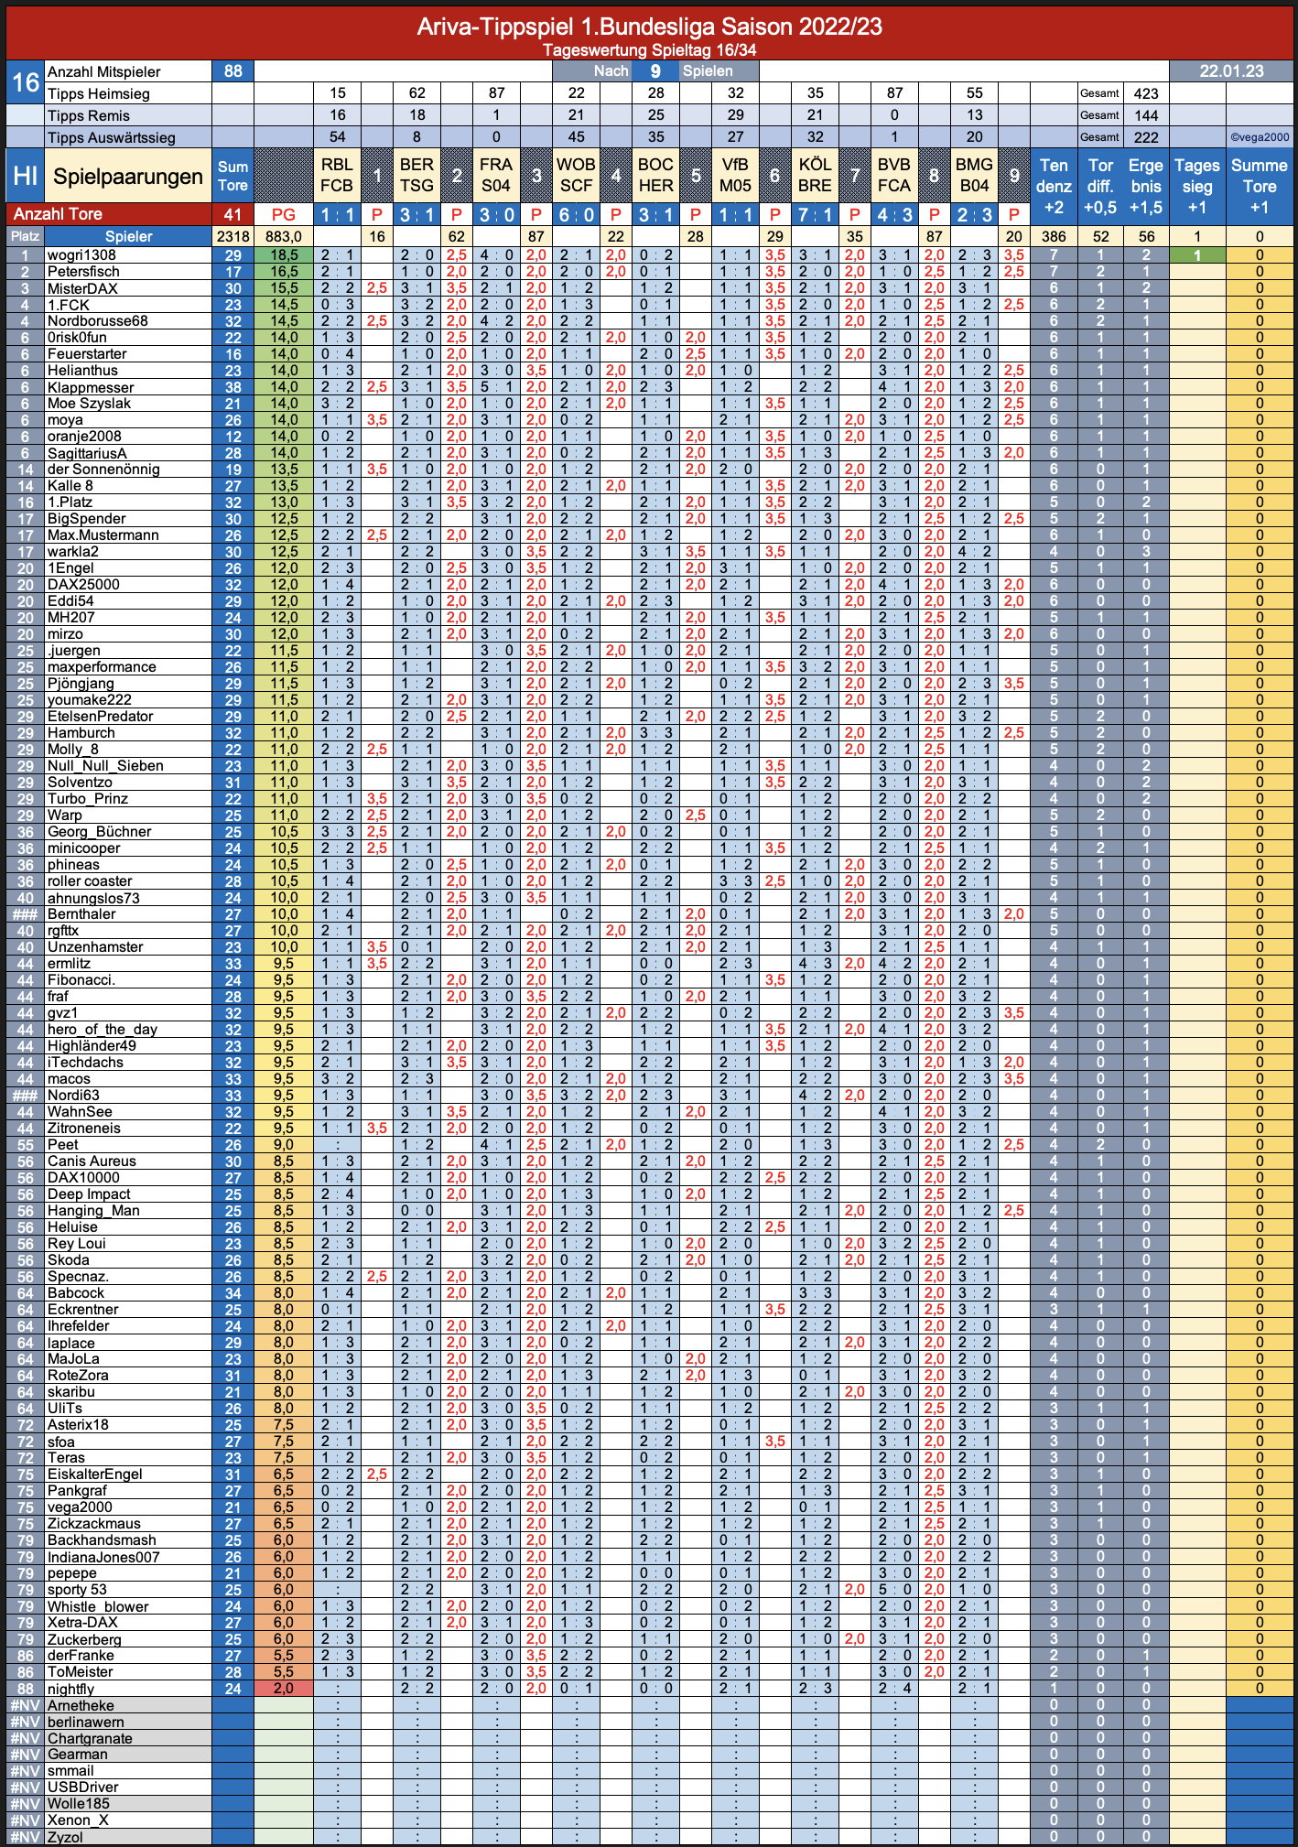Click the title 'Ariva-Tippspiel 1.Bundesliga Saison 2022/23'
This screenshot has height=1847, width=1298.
649,27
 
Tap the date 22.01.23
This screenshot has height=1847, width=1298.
1231,71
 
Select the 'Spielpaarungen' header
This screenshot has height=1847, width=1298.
128,176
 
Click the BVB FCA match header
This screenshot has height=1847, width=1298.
894,175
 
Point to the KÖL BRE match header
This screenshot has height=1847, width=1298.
815,175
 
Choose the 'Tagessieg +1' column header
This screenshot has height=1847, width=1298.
1197,186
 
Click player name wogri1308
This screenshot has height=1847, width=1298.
81,255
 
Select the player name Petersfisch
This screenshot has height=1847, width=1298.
83,272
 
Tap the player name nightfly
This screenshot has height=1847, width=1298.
71,1689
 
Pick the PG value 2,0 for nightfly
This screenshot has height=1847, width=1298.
284,1689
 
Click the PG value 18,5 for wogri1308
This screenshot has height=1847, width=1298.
284,255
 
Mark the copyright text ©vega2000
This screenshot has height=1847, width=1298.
1260,137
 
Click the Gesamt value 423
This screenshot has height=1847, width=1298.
1146,93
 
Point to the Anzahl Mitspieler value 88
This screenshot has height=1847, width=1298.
233,71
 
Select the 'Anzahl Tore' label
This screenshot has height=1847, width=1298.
57,214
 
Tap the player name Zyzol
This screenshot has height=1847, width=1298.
65,1837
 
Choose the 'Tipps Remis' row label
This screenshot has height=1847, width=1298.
89,115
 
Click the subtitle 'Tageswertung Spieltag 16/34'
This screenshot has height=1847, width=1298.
649,50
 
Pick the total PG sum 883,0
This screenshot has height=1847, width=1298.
284,236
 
